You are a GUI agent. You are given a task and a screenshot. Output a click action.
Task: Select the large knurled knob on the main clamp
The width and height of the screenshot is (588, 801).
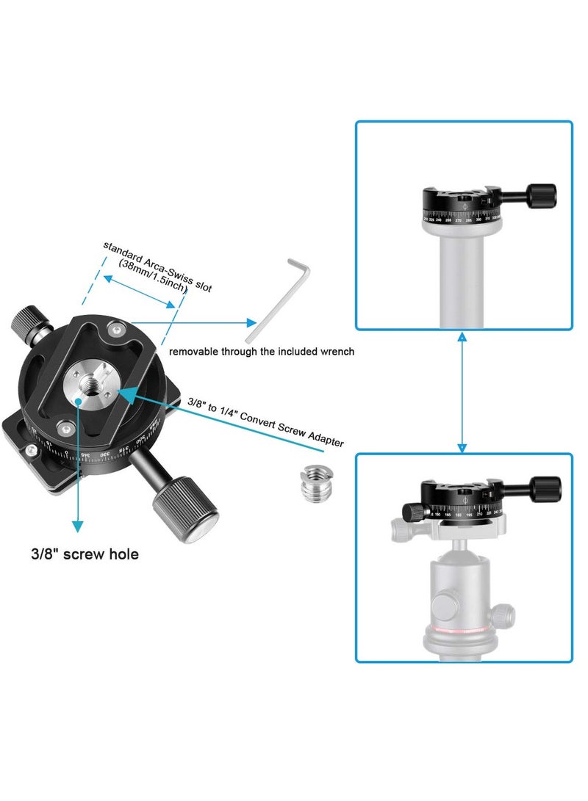[x=185, y=507]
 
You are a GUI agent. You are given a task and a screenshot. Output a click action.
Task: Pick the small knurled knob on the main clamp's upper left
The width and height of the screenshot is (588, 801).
[x=27, y=322]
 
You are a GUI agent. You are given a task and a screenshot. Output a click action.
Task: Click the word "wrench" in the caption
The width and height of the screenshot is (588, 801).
[x=337, y=352]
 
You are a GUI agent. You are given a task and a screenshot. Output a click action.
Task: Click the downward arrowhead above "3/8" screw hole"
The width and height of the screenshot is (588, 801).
[x=76, y=524]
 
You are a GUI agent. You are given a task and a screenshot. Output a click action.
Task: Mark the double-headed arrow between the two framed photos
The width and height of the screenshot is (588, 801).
[x=462, y=391]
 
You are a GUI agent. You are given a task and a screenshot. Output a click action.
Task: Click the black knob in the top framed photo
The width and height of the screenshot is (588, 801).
[x=542, y=195]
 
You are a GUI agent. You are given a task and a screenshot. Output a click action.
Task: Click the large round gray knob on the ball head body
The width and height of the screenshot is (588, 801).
[x=447, y=606]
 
